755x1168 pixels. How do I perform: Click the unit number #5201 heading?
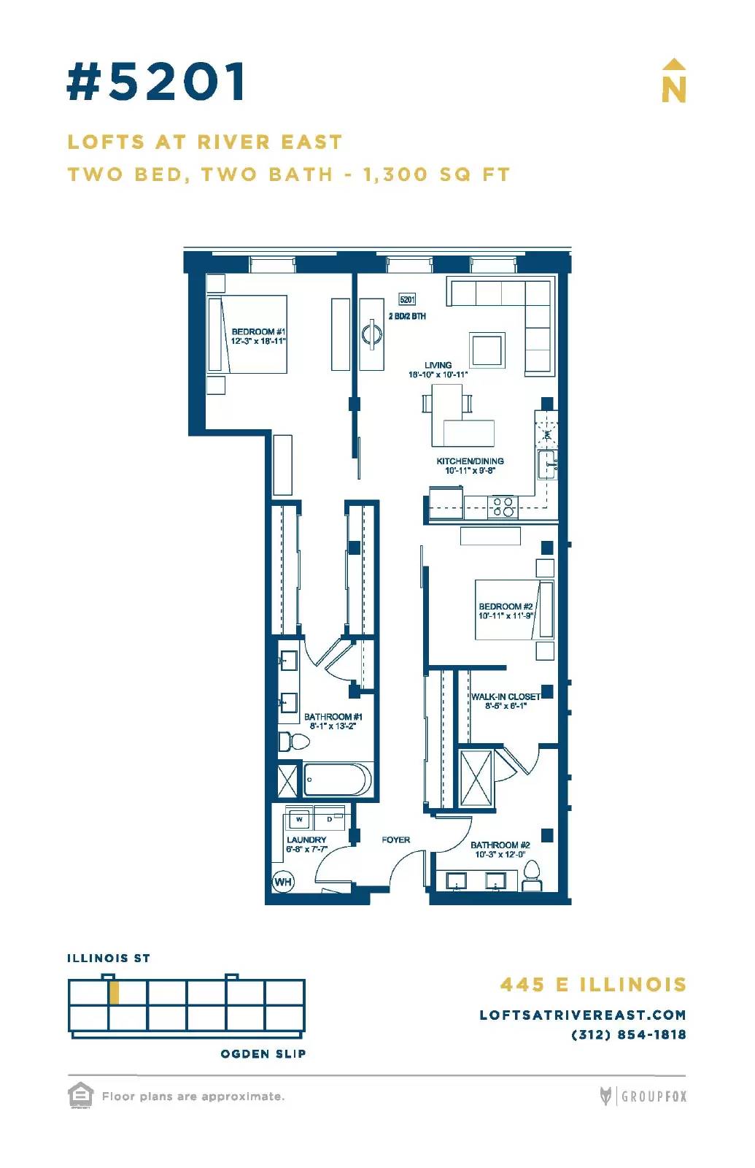point(156,81)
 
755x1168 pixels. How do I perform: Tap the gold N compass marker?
point(674,81)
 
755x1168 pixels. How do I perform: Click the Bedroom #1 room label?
point(258,337)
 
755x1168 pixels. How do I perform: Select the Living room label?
point(438,369)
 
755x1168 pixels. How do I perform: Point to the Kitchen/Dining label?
point(470,466)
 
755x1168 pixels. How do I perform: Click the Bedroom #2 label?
point(506,611)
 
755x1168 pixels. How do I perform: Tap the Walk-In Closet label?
point(506,702)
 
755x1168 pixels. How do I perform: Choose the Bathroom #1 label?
point(333,721)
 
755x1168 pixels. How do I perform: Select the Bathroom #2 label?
point(500,850)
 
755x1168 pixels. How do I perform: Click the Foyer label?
point(395,839)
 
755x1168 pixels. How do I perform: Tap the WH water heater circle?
point(283,882)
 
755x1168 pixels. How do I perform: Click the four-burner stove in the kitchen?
point(503,507)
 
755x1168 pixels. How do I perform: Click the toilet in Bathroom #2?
point(532,876)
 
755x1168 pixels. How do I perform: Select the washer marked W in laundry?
point(299,818)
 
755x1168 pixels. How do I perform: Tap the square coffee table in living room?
point(487,350)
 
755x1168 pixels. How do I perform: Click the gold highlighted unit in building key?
point(115,993)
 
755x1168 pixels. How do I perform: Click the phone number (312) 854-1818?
point(629,1034)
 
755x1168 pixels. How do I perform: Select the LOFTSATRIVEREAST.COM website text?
point(583,1015)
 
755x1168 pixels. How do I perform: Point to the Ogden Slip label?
point(263,1054)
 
